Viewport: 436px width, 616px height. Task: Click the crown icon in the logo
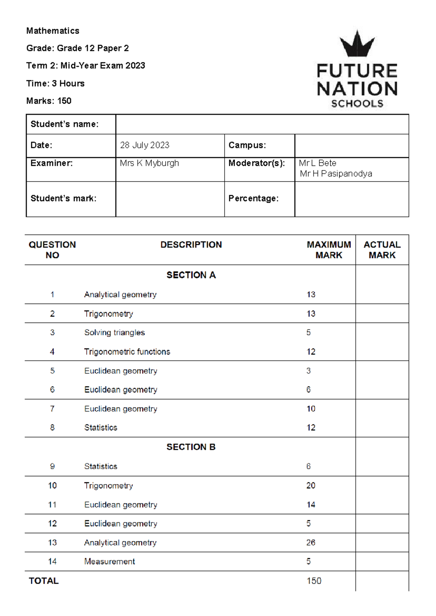tap(357, 44)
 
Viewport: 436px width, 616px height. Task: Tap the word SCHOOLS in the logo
tap(357, 104)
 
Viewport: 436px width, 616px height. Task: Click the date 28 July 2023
tap(145, 145)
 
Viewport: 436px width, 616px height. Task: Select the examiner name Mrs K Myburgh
tap(149, 163)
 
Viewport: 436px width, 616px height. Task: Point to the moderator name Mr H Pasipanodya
tap(336, 174)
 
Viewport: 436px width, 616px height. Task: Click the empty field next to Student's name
tap(262, 124)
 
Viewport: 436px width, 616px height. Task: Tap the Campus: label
tap(247, 145)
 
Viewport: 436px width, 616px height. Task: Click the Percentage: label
tap(253, 199)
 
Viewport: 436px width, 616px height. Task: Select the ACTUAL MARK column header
tap(382, 250)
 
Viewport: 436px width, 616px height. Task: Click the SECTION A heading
tap(191, 275)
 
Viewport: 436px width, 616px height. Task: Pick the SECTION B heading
tap(191, 447)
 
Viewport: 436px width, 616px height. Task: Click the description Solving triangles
tap(114, 332)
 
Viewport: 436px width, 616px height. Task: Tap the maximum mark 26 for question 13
tap(311, 543)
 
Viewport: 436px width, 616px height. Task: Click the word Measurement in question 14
tap(109, 561)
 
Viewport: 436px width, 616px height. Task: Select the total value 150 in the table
tap(314, 581)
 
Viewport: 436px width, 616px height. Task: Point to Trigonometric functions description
tap(127, 352)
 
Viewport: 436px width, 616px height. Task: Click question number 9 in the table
tap(52, 466)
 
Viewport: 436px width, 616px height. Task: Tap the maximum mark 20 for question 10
tap(311, 485)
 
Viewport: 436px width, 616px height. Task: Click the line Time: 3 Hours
tap(55, 84)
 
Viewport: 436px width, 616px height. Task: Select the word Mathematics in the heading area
tap(53, 31)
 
